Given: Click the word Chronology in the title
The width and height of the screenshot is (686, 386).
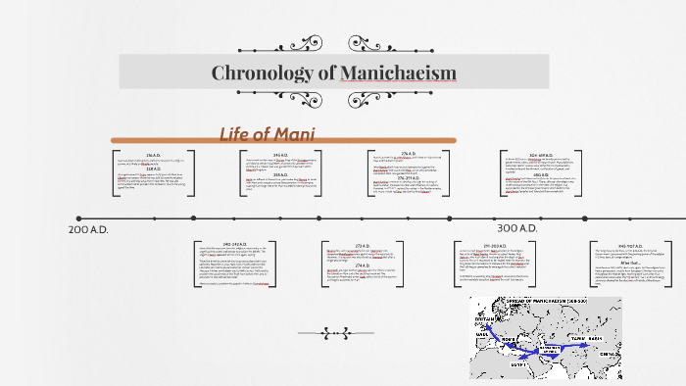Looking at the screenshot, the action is click(261, 72).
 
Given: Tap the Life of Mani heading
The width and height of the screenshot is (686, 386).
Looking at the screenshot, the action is click(267, 133).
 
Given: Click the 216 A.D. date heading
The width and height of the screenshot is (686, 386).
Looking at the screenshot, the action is click(153, 156).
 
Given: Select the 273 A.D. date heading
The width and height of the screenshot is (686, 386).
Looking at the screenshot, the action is click(363, 244).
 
